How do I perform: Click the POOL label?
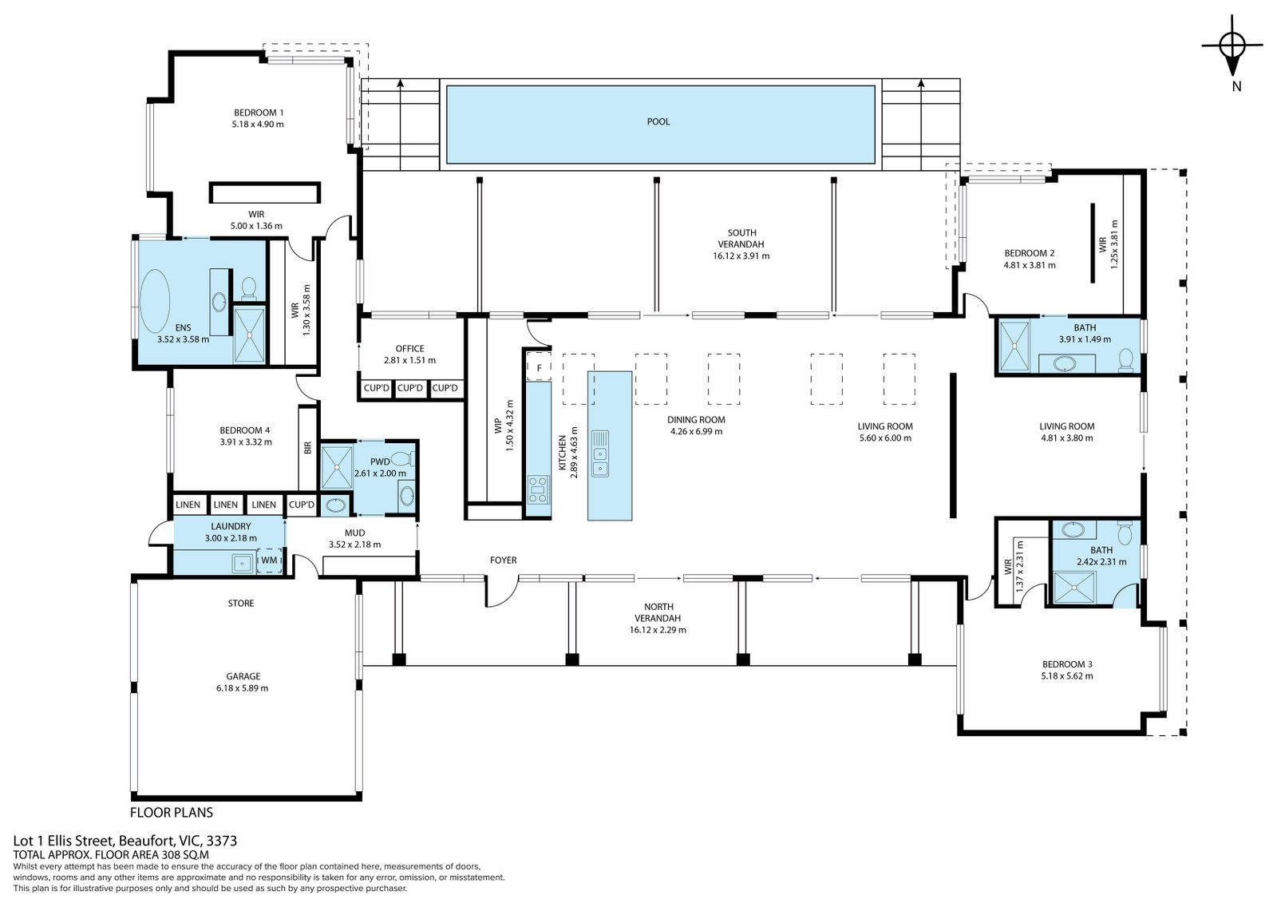pos(658,121)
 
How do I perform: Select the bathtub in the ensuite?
pos(155,301)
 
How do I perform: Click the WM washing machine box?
pos(268,560)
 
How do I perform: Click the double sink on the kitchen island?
pos(599,454)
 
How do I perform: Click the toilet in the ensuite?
pos(249,288)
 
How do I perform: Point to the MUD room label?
pos(354,533)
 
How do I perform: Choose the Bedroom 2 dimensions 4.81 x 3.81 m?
pos(1030,265)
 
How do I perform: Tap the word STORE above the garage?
pos(240,603)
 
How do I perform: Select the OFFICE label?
pos(410,349)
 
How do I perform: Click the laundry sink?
pos(243,563)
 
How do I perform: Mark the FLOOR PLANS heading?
pos(172,812)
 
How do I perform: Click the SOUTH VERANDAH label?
pos(741,239)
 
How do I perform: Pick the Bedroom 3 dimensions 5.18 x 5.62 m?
pos(1067,676)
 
